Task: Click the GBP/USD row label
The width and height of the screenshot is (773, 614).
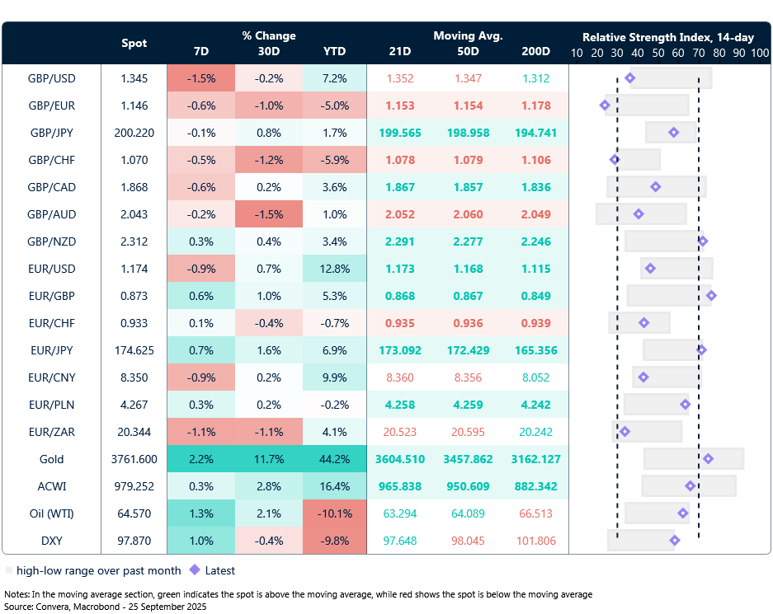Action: (x=51, y=78)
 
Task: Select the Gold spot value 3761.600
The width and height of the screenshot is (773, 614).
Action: (x=134, y=459)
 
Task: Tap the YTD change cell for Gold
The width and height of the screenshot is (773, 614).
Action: (x=334, y=459)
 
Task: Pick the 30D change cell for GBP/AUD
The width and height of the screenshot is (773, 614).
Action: (x=269, y=214)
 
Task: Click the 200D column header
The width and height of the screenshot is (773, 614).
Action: (x=536, y=51)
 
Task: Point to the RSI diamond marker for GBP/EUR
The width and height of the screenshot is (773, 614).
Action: (x=605, y=105)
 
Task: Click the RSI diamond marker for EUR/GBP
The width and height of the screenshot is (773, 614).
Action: (x=711, y=296)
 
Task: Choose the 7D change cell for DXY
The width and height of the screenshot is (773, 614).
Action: (x=200, y=541)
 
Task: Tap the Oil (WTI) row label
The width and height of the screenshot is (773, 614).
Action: (x=51, y=513)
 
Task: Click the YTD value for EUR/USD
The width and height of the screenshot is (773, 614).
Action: (x=334, y=269)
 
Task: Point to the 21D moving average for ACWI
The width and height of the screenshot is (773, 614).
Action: (x=399, y=486)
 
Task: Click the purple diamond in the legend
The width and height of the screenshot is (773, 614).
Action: (x=195, y=570)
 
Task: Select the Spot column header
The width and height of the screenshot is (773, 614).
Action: (x=134, y=43)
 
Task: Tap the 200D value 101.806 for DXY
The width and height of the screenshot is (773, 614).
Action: (x=536, y=541)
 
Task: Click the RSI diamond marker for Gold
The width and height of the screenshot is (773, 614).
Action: (x=708, y=459)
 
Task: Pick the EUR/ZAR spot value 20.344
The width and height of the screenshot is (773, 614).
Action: (x=134, y=432)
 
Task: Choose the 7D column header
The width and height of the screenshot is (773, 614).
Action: (x=200, y=51)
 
